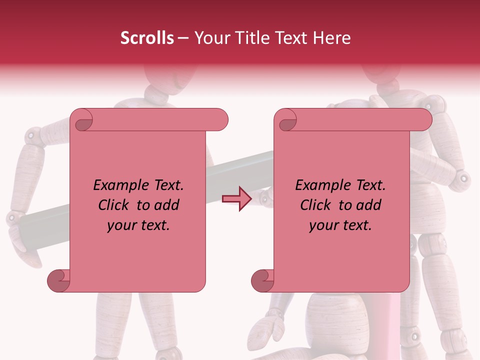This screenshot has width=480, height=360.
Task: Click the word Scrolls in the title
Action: point(147,38)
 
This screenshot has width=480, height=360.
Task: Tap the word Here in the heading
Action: point(332,38)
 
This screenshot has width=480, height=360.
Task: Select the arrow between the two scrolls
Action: point(237,198)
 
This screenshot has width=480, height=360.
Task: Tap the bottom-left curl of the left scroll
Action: point(59,280)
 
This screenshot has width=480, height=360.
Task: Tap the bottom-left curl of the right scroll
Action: point(263,280)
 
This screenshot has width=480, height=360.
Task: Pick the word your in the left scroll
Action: point(121,225)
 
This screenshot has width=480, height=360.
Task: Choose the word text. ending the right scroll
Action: point(357,225)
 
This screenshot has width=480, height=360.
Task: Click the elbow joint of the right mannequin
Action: point(463,177)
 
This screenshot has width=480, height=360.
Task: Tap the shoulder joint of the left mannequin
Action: point(32,134)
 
